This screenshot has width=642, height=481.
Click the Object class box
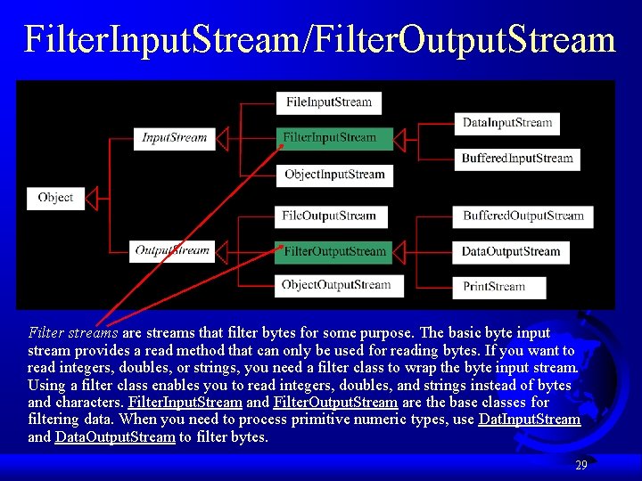(56, 198)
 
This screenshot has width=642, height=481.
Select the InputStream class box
(174, 138)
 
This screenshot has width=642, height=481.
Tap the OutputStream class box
(172, 251)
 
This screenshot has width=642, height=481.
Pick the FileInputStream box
(329, 102)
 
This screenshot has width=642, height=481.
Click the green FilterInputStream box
(333, 138)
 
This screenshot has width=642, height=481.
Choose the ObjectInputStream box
(334, 175)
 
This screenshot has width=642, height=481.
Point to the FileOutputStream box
(329, 216)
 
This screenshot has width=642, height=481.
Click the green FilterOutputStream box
(334, 251)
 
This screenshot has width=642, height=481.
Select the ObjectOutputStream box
(336, 286)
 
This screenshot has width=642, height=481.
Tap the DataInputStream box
(507, 123)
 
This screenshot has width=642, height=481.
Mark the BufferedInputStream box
(517, 159)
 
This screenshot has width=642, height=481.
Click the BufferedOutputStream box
(523, 216)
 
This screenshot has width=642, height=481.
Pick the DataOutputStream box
(511, 252)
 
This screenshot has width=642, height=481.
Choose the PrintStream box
(494, 287)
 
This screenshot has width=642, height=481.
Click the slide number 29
(580, 465)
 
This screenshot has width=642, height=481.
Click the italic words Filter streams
(73, 333)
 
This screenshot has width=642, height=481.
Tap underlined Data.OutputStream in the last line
(115, 437)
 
